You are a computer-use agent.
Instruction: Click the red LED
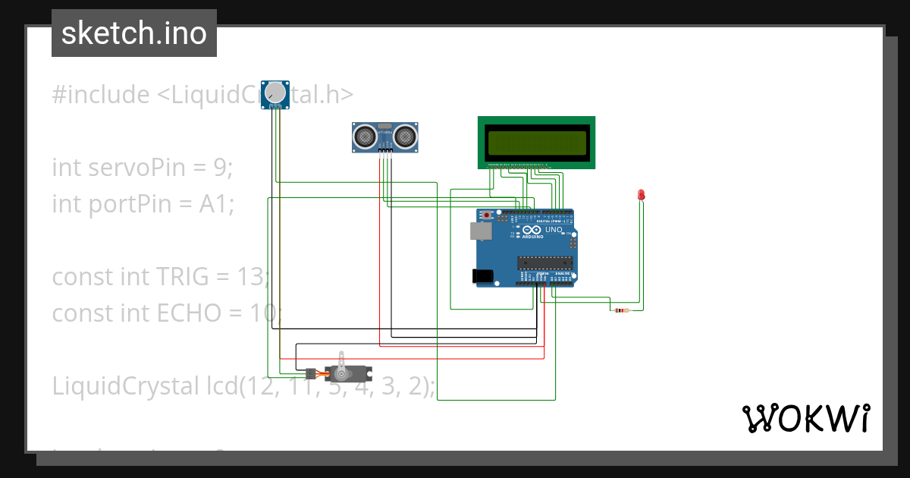click(x=641, y=194)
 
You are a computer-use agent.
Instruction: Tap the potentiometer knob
click(x=275, y=93)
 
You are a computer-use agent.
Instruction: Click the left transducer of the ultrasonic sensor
click(x=365, y=137)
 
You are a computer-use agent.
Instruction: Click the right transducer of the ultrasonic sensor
click(x=405, y=137)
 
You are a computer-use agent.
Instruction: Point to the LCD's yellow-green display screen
click(x=537, y=142)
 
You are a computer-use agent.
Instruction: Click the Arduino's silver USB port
click(x=480, y=231)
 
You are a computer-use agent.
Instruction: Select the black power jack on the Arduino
click(x=482, y=276)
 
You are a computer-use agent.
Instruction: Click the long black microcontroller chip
click(x=544, y=263)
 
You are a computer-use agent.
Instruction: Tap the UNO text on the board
click(x=554, y=230)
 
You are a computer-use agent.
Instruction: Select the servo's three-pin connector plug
click(x=310, y=374)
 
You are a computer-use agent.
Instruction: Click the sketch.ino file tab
click(x=134, y=33)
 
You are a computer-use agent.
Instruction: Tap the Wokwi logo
click(x=805, y=418)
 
